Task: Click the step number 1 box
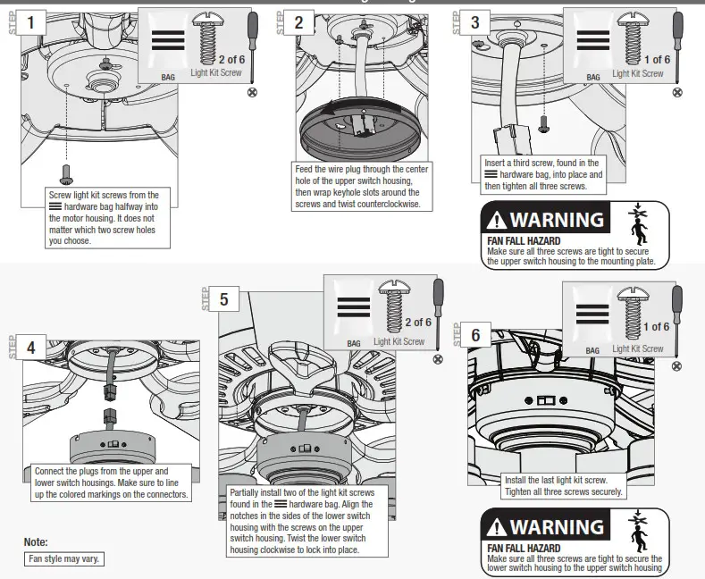click(x=32, y=22)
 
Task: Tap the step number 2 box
click(x=298, y=22)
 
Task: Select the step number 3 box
click(x=474, y=22)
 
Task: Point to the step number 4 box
click(x=31, y=347)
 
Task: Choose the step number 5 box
click(x=223, y=299)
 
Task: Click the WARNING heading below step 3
click(x=548, y=220)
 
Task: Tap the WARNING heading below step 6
click(x=548, y=526)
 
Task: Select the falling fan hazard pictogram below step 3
click(x=639, y=224)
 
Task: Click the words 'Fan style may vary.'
click(x=63, y=559)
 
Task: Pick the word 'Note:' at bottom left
click(x=36, y=542)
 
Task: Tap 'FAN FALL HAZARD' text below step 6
click(x=524, y=548)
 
